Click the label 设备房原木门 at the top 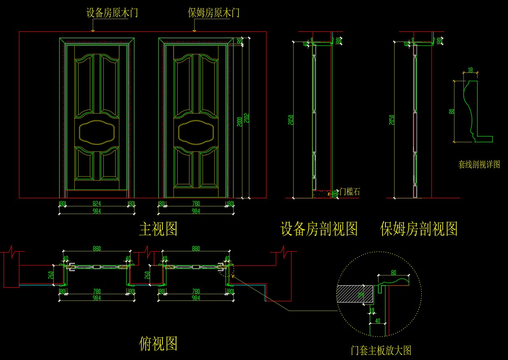tap(112, 13)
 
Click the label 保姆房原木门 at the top tap(213, 13)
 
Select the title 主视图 tap(158, 229)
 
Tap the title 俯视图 tap(158, 343)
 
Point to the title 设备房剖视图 tap(319, 229)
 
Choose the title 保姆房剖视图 tap(419, 229)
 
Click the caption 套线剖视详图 tap(479, 165)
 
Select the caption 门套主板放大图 tap(381, 351)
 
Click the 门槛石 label tap(350, 192)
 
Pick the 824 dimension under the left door tap(97, 204)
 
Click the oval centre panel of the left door tap(99, 132)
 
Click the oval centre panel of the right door tap(197, 132)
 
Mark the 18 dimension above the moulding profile tap(471, 70)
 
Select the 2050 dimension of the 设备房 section tap(291, 119)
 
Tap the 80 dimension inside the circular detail tap(393, 272)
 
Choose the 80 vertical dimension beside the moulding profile tap(452, 111)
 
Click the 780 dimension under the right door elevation tap(196, 204)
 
